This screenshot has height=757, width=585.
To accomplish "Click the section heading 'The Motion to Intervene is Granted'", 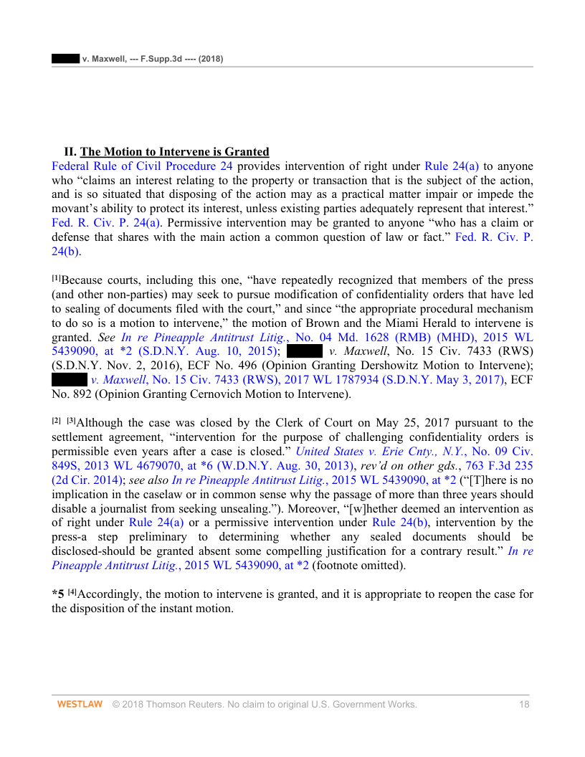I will (x=174, y=152).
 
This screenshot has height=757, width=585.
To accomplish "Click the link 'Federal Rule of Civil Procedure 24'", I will (x=142, y=166).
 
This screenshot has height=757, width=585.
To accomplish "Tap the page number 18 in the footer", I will (x=524, y=705).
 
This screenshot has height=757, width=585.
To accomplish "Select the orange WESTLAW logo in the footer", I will (x=80, y=705).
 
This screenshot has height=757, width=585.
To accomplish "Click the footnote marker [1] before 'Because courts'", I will (x=57, y=278).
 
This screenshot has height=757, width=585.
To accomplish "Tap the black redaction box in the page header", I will (x=65, y=58).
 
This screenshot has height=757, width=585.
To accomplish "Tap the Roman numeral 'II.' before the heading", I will (x=70, y=152).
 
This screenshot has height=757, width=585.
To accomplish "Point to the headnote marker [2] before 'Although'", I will (x=57, y=421).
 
